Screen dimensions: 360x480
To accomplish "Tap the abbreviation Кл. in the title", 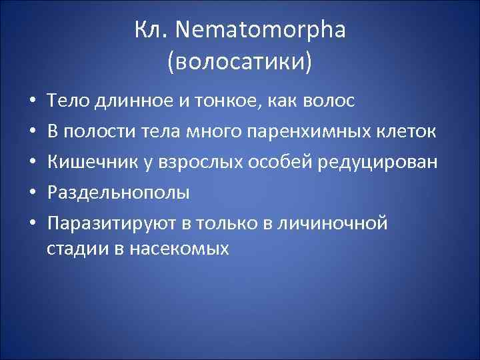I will tap(149, 31).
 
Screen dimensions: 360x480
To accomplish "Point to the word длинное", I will tap(127, 101).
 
